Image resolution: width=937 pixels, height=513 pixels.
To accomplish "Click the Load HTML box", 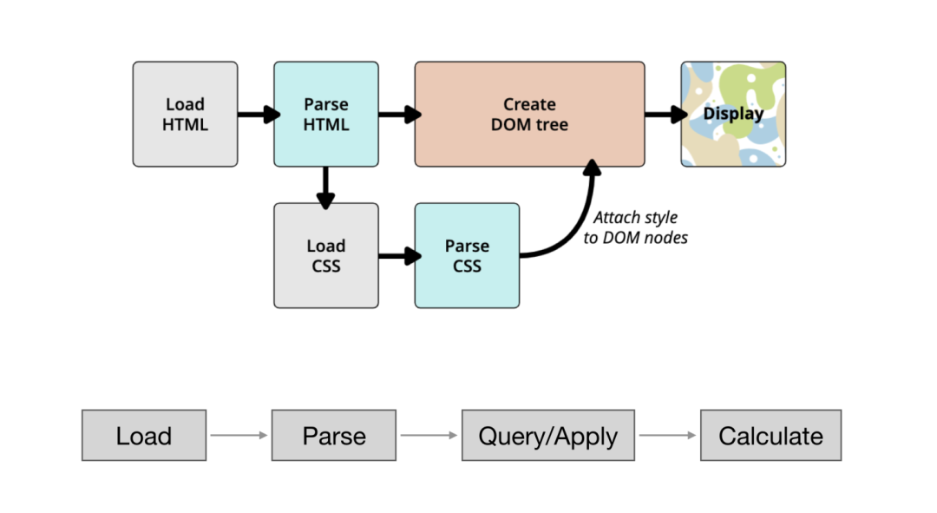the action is pyautogui.click(x=186, y=115).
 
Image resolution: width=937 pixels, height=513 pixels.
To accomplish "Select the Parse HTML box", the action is pyautogui.click(x=326, y=115).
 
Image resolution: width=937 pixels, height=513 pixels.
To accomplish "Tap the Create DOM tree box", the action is pyautogui.click(x=529, y=115).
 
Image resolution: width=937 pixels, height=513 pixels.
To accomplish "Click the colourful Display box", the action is pyautogui.click(x=733, y=115).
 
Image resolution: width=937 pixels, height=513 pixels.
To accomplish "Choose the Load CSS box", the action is pyautogui.click(x=326, y=256).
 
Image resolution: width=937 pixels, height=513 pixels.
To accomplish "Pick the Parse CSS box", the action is pyautogui.click(x=468, y=256).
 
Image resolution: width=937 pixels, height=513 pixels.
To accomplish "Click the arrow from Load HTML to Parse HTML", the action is pyautogui.click(x=259, y=115).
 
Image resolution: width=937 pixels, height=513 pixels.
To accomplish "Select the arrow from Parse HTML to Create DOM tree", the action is pyautogui.click(x=400, y=115).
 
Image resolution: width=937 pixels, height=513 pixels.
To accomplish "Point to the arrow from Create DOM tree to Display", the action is pyautogui.click(x=666, y=115).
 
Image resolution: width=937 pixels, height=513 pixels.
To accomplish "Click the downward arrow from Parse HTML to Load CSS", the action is pyautogui.click(x=325, y=187).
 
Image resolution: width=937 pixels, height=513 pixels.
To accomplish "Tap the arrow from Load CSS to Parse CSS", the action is pyautogui.click(x=400, y=256).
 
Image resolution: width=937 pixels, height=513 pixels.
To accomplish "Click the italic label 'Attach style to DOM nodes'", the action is pyautogui.click(x=635, y=227).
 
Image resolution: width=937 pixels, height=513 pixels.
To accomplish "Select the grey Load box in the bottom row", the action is pyautogui.click(x=144, y=435).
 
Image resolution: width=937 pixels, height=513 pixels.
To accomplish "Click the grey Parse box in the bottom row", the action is pyautogui.click(x=334, y=435).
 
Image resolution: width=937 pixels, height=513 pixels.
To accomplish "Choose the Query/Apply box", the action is pyautogui.click(x=548, y=435).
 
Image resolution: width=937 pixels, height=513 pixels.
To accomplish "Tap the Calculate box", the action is pyautogui.click(x=771, y=435).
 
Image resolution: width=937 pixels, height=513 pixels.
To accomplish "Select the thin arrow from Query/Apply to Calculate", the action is pyautogui.click(x=667, y=435).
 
